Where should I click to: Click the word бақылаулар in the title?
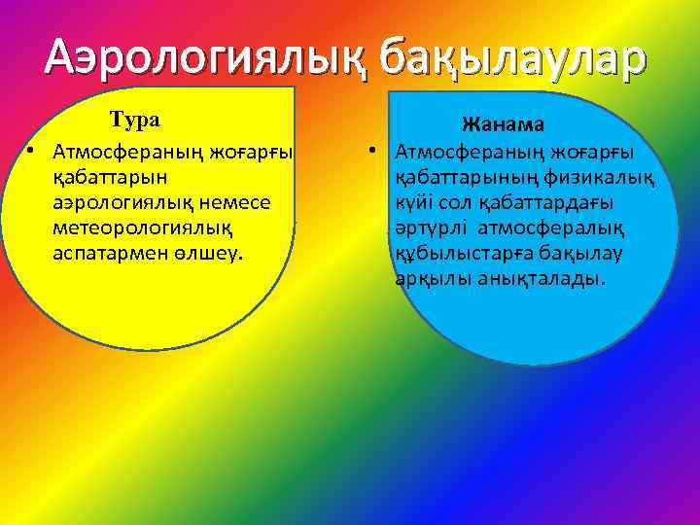[512, 59]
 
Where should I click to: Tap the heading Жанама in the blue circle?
[503, 126]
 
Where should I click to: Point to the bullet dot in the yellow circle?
[32, 153]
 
